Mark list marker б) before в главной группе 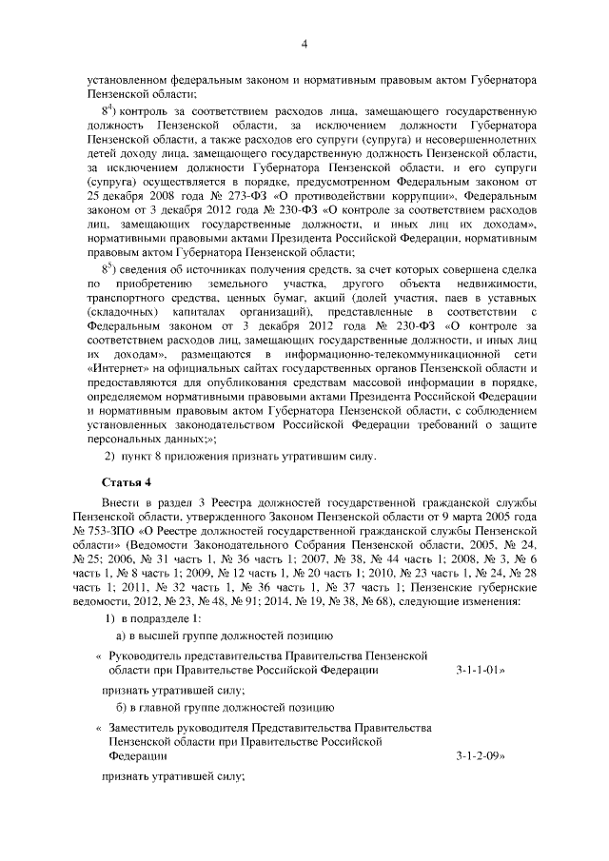coord(123,707)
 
